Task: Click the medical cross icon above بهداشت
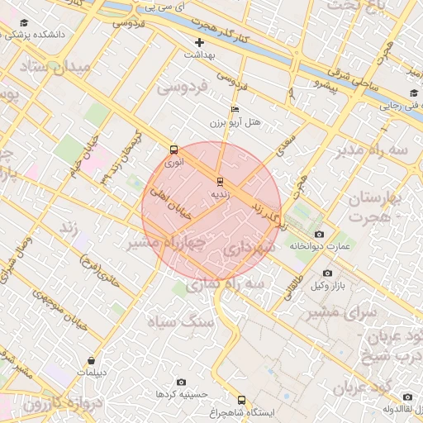click(x=198, y=42)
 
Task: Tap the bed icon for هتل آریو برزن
click(x=235, y=109)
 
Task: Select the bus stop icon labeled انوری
click(x=173, y=150)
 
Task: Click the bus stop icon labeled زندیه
click(x=219, y=182)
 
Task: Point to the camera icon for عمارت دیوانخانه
click(x=320, y=234)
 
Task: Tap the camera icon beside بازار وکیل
click(x=327, y=273)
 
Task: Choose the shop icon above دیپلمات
click(x=91, y=360)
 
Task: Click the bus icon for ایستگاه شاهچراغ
click(x=241, y=398)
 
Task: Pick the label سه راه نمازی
click(x=212, y=283)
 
